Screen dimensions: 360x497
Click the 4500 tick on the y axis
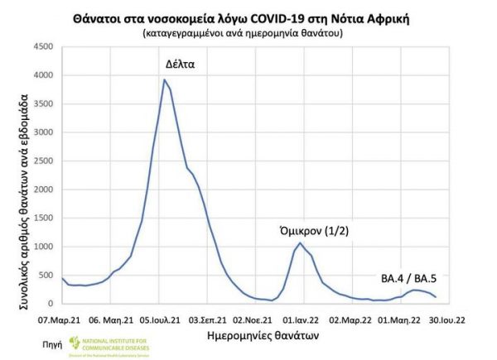point(42,46)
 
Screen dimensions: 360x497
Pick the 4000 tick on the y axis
point(42,75)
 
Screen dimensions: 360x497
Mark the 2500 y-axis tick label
point(42,161)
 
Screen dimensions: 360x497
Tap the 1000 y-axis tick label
point(42,247)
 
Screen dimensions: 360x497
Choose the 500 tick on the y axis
point(45,275)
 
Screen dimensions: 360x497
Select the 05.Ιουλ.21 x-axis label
point(157,317)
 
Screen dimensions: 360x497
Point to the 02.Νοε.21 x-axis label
point(253,317)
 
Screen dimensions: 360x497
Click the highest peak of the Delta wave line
point(164,79)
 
